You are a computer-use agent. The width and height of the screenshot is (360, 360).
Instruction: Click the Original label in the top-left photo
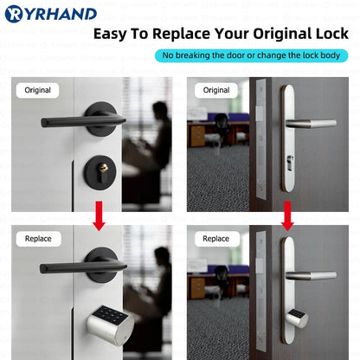(x=37, y=90)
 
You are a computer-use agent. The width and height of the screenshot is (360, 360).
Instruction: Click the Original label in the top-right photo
(x=215, y=90)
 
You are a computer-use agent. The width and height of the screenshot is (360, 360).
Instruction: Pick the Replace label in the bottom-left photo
(x=37, y=238)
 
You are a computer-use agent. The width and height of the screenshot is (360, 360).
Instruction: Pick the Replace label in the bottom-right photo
(x=215, y=238)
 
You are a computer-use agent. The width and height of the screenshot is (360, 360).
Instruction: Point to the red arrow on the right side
(x=287, y=215)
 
